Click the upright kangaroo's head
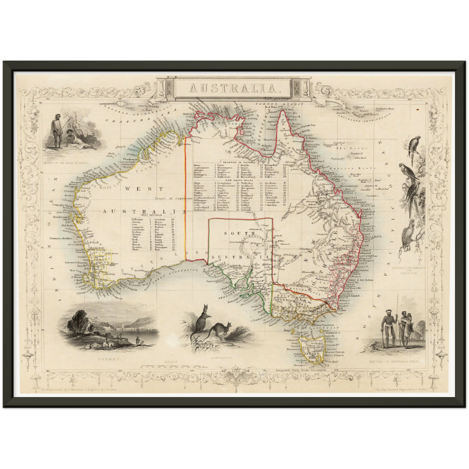(x=205, y=307)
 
